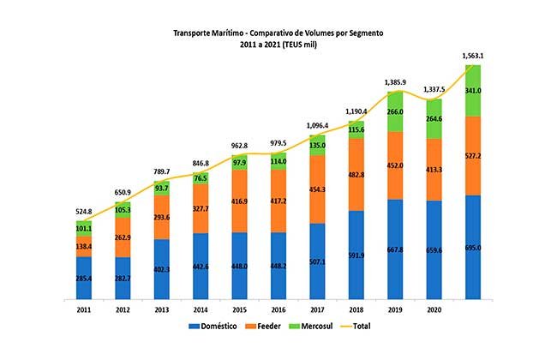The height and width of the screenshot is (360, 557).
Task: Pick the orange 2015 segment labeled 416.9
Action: point(239,201)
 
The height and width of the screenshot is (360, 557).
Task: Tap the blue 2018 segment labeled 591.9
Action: point(356,255)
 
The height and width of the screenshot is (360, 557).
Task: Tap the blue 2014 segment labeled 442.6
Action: point(201,267)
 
